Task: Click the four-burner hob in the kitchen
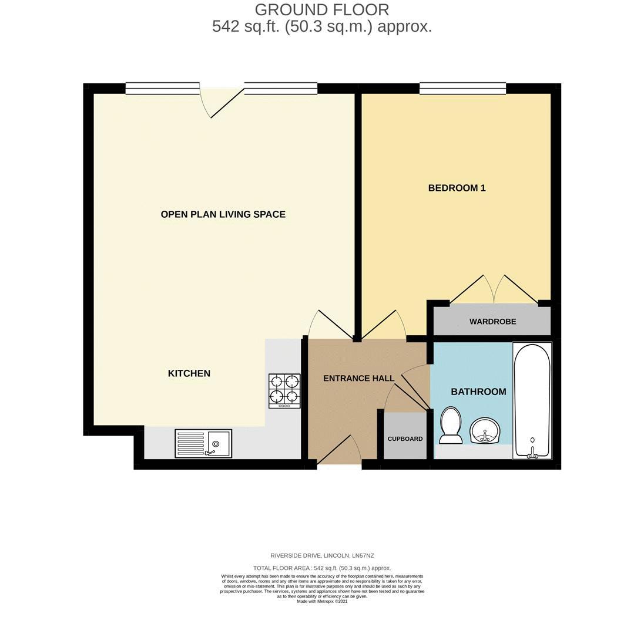[284, 390]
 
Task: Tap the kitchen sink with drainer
[203, 443]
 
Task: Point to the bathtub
[532, 400]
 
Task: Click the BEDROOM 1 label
[457, 188]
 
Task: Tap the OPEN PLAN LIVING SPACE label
[223, 214]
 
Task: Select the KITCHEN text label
[189, 373]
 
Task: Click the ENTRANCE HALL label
[358, 379]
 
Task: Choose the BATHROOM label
[478, 392]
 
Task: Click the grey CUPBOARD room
[405, 438]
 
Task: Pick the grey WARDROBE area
[492, 321]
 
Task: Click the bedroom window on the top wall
[462, 89]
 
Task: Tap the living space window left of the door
[162, 89]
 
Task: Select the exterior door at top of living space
[222, 103]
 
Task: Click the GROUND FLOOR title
[321, 10]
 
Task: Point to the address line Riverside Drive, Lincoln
[321, 555]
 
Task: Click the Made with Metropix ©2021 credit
[321, 601]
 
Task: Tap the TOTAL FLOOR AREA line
[321, 568]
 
